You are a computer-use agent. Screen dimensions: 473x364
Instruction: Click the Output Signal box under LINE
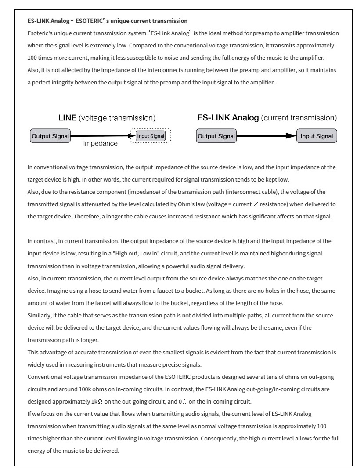click(x=50, y=136)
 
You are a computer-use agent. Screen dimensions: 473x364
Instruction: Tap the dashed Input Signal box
click(x=151, y=136)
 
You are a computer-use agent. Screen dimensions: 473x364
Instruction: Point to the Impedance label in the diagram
click(x=100, y=144)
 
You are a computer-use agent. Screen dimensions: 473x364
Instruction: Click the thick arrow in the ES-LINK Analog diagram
click(x=266, y=136)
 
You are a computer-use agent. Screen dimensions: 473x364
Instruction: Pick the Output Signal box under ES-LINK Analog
click(x=216, y=136)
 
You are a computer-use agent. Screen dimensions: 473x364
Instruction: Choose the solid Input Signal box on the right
click(x=316, y=136)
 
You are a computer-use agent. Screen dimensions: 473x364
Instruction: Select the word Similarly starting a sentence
click(x=38, y=316)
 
